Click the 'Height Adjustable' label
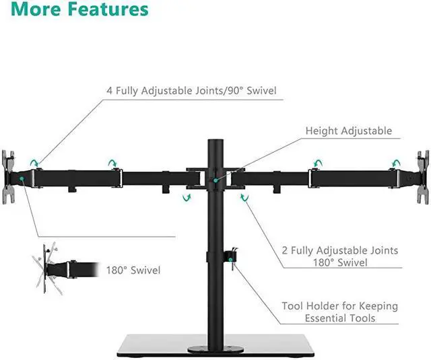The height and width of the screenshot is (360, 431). tap(348, 131)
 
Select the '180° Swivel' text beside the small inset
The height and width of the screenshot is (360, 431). tap(133, 271)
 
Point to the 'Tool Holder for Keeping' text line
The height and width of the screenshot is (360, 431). tap(350, 306)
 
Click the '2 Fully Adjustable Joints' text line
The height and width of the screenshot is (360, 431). tap(340, 250)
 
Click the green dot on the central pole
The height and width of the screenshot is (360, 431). tap(215, 179)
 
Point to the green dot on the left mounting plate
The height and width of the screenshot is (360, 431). tap(22, 179)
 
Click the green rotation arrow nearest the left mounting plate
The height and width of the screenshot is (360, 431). tap(34, 162)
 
